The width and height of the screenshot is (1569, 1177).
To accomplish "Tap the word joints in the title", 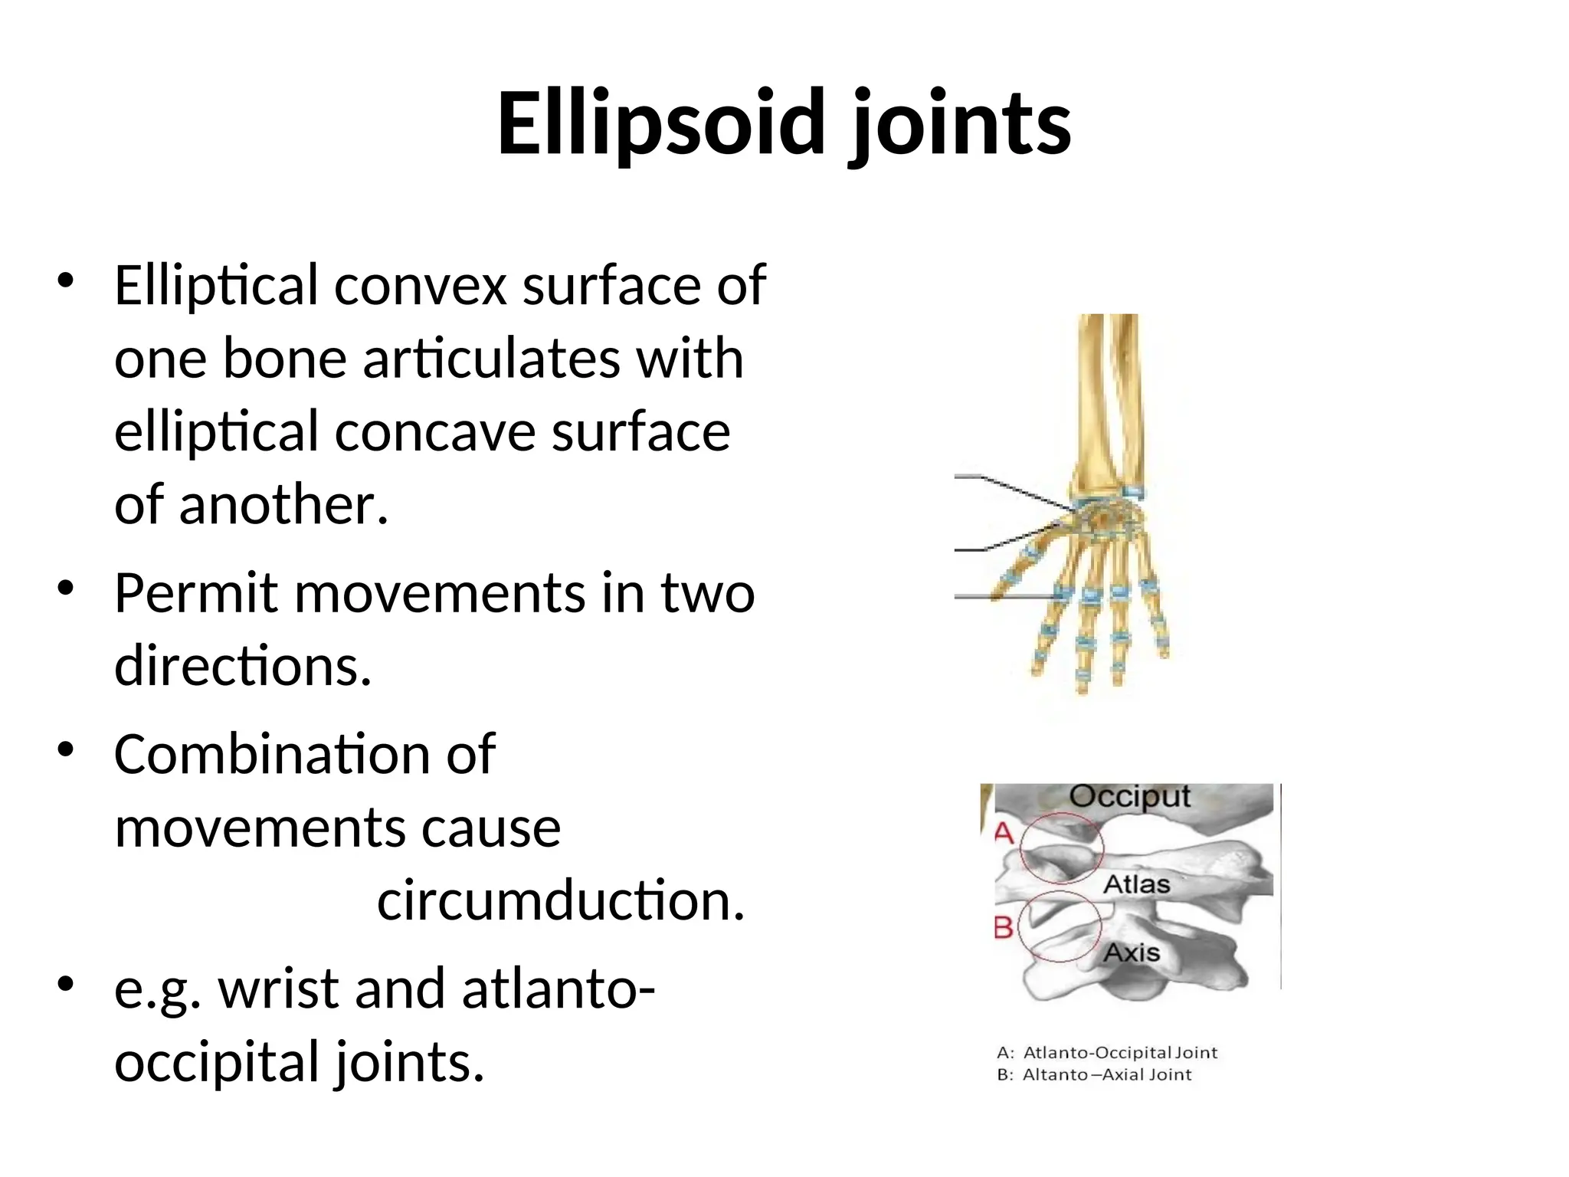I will (x=961, y=124).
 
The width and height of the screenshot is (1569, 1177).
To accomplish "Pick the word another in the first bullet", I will (x=284, y=505).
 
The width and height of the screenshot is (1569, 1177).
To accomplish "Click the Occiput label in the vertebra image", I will (x=1129, y=797).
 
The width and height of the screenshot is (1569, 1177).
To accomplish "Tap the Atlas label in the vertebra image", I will (x=1136, y=884).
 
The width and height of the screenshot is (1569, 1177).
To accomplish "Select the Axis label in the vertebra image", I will (x=1132, y=953).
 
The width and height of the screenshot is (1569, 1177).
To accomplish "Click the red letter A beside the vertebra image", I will (x=1004, y=832).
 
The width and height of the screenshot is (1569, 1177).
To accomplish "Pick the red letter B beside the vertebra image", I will (x=1004, y=928).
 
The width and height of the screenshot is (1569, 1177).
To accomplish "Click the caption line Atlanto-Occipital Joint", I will (x=1107, y=1053).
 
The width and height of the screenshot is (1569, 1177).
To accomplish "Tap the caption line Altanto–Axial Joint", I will (x=1094, y=1075).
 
